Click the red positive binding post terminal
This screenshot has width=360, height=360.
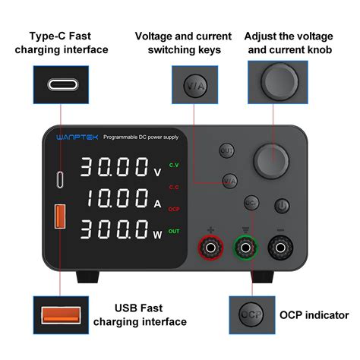(x=210, y=247)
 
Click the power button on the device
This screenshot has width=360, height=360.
(x=281, y=205)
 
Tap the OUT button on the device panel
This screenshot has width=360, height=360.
(x=226, y=150)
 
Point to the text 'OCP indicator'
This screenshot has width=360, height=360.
(x=314, y=315)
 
